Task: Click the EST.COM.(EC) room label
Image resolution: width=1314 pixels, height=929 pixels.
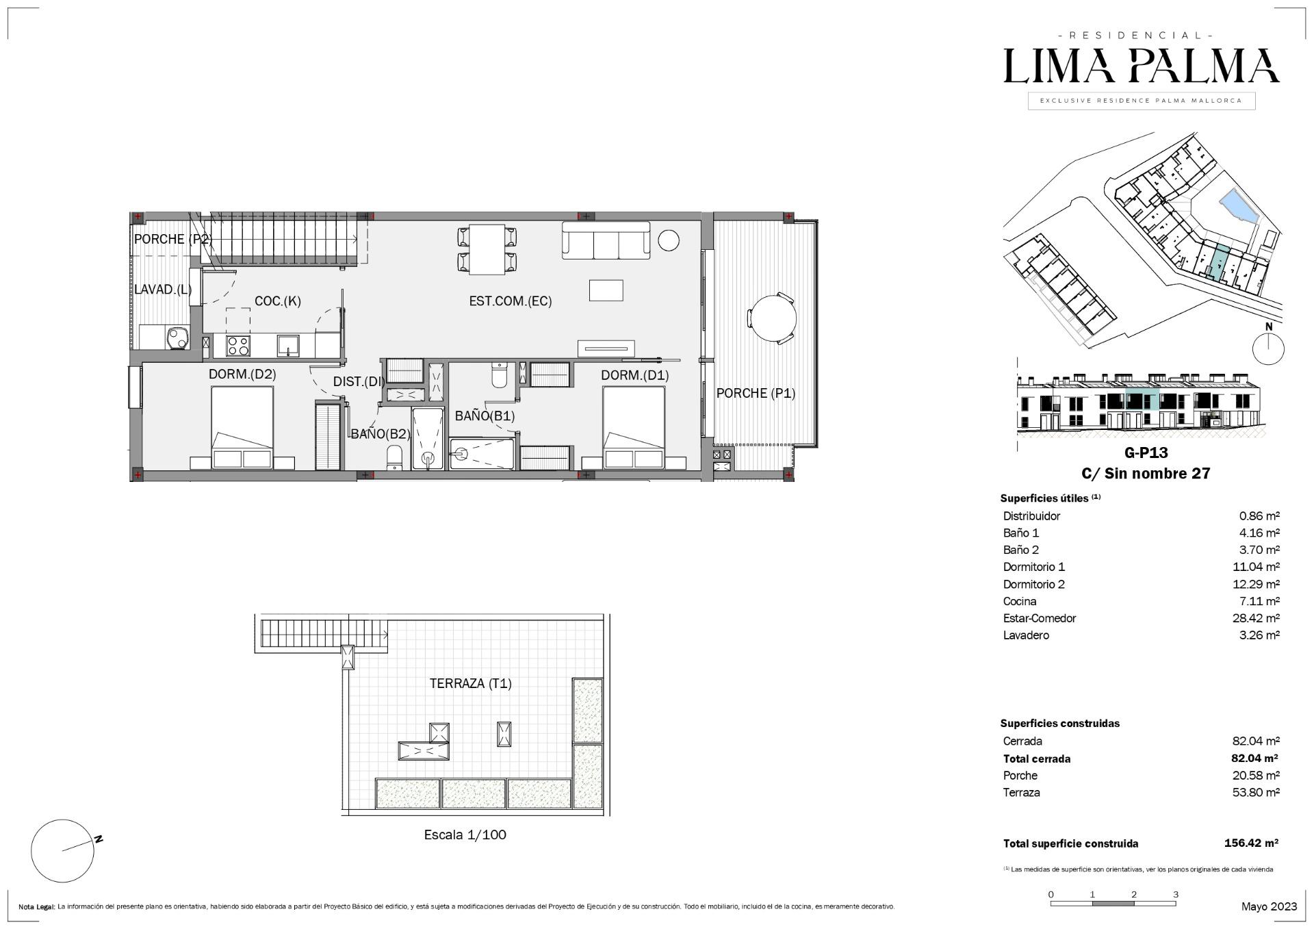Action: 510,301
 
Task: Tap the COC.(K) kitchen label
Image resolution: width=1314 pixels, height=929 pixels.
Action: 277,301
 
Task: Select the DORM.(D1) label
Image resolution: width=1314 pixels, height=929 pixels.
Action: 635,375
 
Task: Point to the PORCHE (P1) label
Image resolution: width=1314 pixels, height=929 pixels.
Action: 756,393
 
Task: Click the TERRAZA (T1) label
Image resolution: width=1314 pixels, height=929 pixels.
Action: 470,683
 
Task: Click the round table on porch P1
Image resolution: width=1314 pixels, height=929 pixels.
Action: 774,318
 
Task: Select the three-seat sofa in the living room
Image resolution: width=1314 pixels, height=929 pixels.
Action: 606,240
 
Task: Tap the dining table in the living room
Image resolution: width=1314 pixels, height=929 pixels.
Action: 487,249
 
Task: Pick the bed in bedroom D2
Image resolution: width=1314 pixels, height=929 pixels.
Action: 242,428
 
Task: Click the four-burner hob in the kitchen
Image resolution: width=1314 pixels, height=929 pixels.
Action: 238,345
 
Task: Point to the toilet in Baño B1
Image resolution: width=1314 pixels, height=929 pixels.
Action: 499,376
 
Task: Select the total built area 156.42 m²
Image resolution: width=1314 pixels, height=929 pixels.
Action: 1251,843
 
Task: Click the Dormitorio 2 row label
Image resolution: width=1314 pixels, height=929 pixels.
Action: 1034,584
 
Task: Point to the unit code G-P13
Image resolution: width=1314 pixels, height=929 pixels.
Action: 1146,453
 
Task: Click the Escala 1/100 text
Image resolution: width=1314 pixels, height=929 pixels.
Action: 465,835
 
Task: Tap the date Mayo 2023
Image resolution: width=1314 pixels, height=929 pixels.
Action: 1269,906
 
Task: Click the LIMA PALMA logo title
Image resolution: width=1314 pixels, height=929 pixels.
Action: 1142,66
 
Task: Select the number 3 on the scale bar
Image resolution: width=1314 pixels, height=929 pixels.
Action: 1176,894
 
